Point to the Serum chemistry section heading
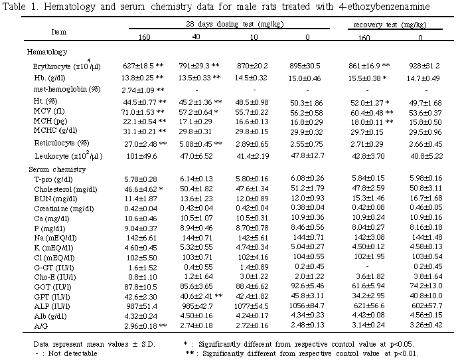tap(55, 171)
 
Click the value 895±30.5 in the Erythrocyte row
tap(305, 67)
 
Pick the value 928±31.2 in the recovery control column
tap(423, 67)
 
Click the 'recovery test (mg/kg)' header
tap(388, 24)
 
